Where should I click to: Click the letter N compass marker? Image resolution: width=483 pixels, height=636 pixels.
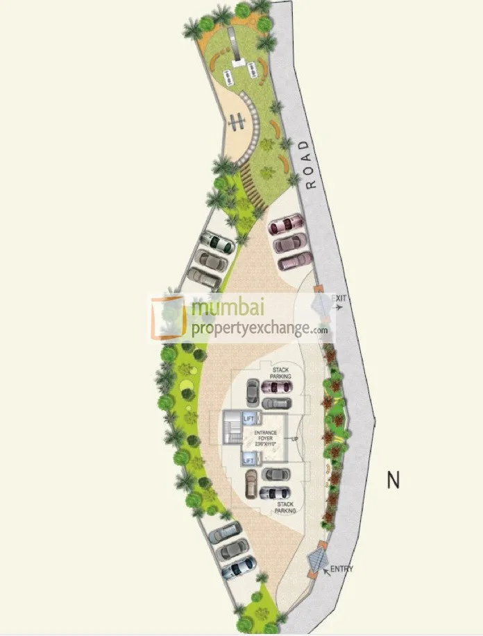coord(394,479)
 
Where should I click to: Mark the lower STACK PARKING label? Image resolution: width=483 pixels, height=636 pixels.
coord(285,507)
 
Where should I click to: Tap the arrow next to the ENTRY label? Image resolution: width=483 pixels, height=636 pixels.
coord(327,569)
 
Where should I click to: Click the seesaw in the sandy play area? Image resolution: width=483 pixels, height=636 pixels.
coord(238,122)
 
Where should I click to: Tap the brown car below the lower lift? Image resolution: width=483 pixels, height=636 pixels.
coord(251,485)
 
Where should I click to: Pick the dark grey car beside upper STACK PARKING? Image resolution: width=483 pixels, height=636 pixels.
coord(253,394)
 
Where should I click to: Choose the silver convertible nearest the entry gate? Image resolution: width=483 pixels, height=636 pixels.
coord(238,567)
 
